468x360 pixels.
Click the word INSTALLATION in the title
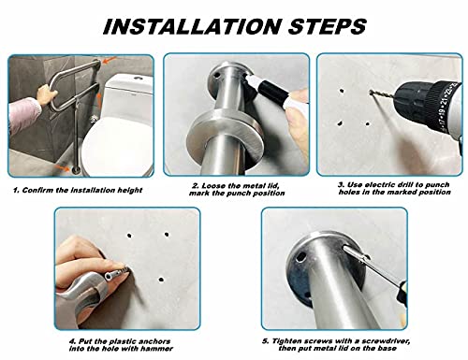pos(191,26)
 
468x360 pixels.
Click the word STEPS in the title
pos(327,26)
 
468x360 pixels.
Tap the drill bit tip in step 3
pos(371,92)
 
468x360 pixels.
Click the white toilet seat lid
pos(117,146)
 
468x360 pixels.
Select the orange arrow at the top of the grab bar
pos(110,60)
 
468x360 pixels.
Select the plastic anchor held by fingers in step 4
pos(115,273)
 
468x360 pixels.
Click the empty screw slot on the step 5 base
pos(300,257)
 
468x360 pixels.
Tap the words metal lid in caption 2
pos(261,186)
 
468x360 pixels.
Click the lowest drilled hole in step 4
pos(161,279)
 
